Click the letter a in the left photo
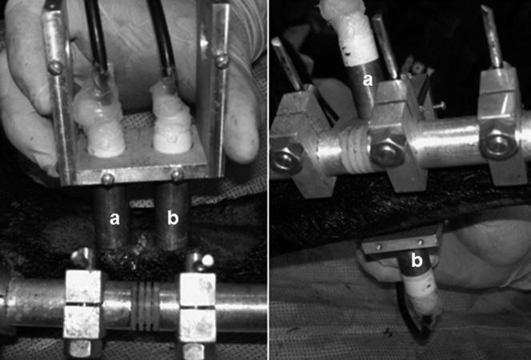[115, 218]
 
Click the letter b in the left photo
[173, 218]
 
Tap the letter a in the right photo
[368, 80]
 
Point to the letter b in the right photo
[417, 261]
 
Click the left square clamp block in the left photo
[83, 305]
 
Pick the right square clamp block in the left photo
[198, 306]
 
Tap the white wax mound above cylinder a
[99, 126]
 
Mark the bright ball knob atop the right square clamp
[206, 260]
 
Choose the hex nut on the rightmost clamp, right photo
[498, 143]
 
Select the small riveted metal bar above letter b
[401, 245]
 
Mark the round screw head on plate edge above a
[108, 179]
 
